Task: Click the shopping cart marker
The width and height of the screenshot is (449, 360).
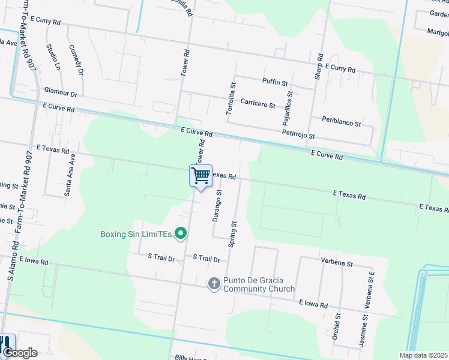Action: pos(201,176)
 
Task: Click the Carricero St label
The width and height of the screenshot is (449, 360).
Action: pos(258,104)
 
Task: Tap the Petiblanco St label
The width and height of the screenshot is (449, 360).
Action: pos(341,123)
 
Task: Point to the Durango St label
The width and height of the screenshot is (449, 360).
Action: pos(217,206)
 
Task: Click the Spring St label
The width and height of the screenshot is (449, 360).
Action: pos(232,234)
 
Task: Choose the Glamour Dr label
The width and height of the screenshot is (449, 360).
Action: pos(61,94)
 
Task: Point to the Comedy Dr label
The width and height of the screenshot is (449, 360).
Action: pos(76,60)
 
